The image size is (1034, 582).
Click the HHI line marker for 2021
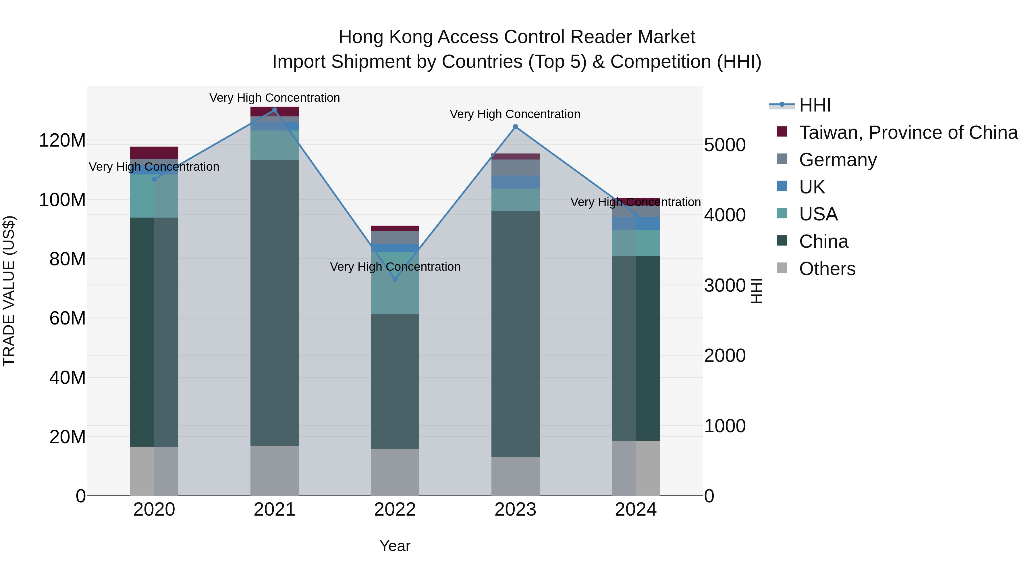point(275,110)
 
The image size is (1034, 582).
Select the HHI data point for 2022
point(395,279)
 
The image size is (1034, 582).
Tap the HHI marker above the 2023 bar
point(515,127)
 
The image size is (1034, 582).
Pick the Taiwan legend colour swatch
point(782,132)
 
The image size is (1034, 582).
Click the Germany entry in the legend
point(838,160)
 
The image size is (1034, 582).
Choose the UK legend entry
point(812,187)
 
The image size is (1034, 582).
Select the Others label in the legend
point(827,269)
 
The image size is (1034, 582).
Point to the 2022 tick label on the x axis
point(395,510)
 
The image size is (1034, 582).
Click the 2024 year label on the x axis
point(636,510)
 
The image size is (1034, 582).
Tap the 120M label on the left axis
point(62,141)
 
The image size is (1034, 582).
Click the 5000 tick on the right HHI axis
point(725,145)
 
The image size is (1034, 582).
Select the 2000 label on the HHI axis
point(725,356)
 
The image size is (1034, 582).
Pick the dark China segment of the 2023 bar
point(515,333)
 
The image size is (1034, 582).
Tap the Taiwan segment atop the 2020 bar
point(154,153)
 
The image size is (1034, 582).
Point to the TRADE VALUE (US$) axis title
point(9,291)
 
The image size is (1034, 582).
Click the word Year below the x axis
point(395,546)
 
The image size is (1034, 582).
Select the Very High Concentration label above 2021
point(275,98)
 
